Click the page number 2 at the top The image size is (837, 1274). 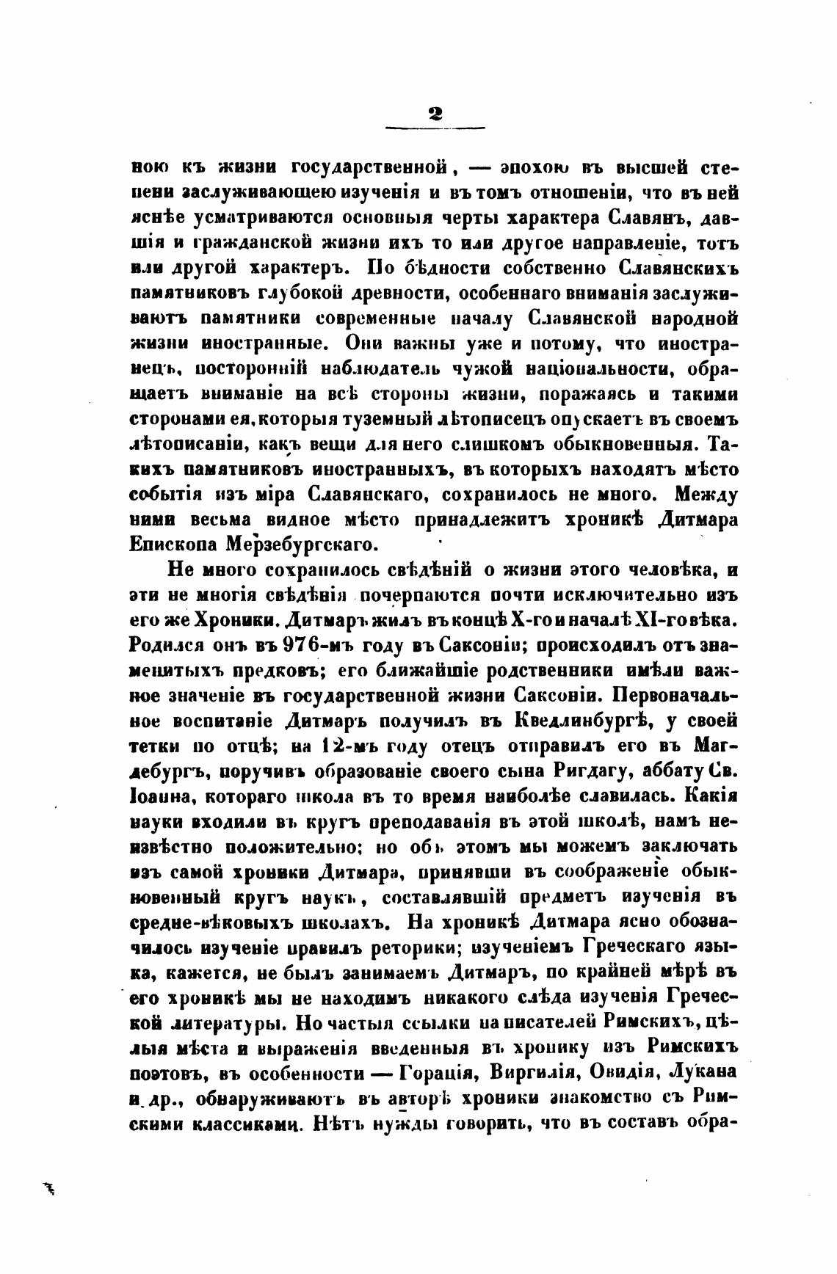pos(435,113)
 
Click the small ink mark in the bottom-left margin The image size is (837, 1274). pos(51,1188)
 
